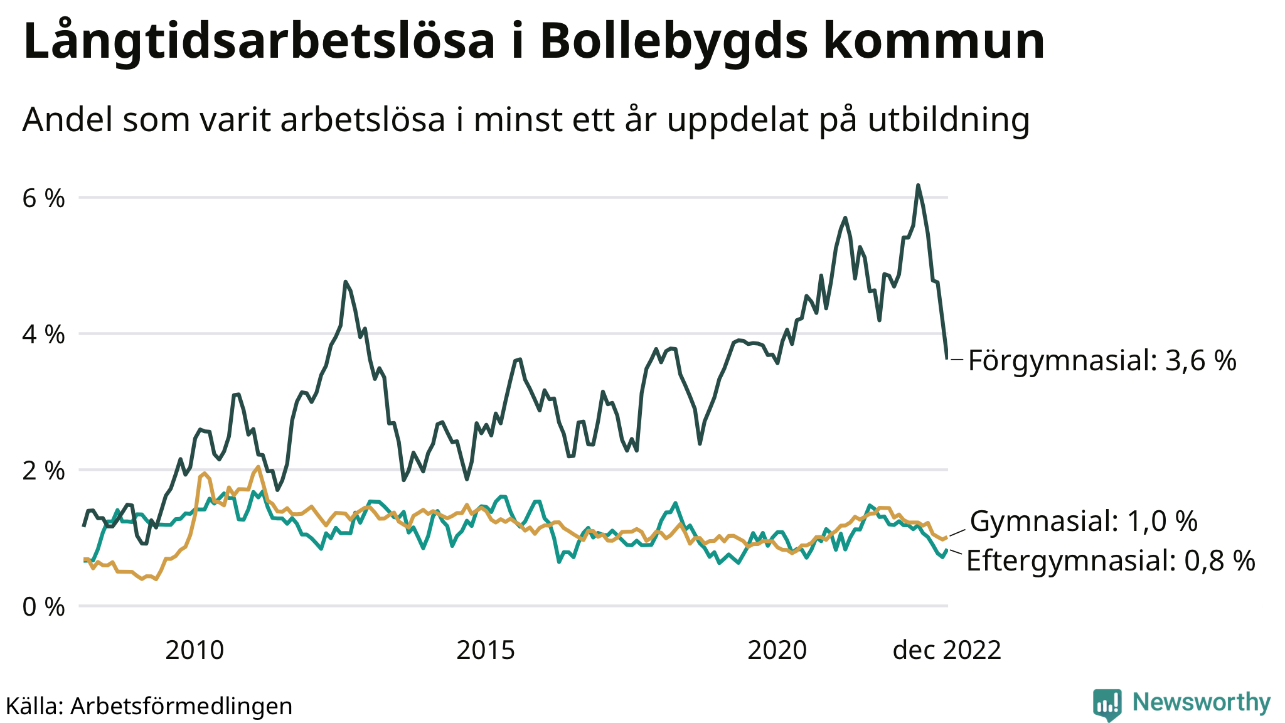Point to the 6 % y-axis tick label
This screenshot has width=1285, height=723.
[43, 198]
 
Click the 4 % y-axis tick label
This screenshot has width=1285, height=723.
[43, 335]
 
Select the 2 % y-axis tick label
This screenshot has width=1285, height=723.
[43, 471]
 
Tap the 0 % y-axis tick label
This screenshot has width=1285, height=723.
[43, 607]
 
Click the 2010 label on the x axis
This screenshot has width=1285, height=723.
[195, 650]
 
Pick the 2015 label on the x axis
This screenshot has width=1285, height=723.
[486, 650]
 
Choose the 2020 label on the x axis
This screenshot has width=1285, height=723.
[777, 650]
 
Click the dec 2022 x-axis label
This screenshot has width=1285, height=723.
[947, 650]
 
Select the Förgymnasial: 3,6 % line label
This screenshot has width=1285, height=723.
[1102, 361]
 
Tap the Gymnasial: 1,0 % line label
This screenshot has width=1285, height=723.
[1084, 522]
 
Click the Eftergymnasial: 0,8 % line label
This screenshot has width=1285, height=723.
[1111, 560]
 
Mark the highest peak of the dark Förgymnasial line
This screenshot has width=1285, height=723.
[918, 186]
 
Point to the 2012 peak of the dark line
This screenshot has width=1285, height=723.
[346, 282]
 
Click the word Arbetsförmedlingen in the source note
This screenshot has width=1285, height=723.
[181, 706]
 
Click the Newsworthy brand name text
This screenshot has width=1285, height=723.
[1202, 702]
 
